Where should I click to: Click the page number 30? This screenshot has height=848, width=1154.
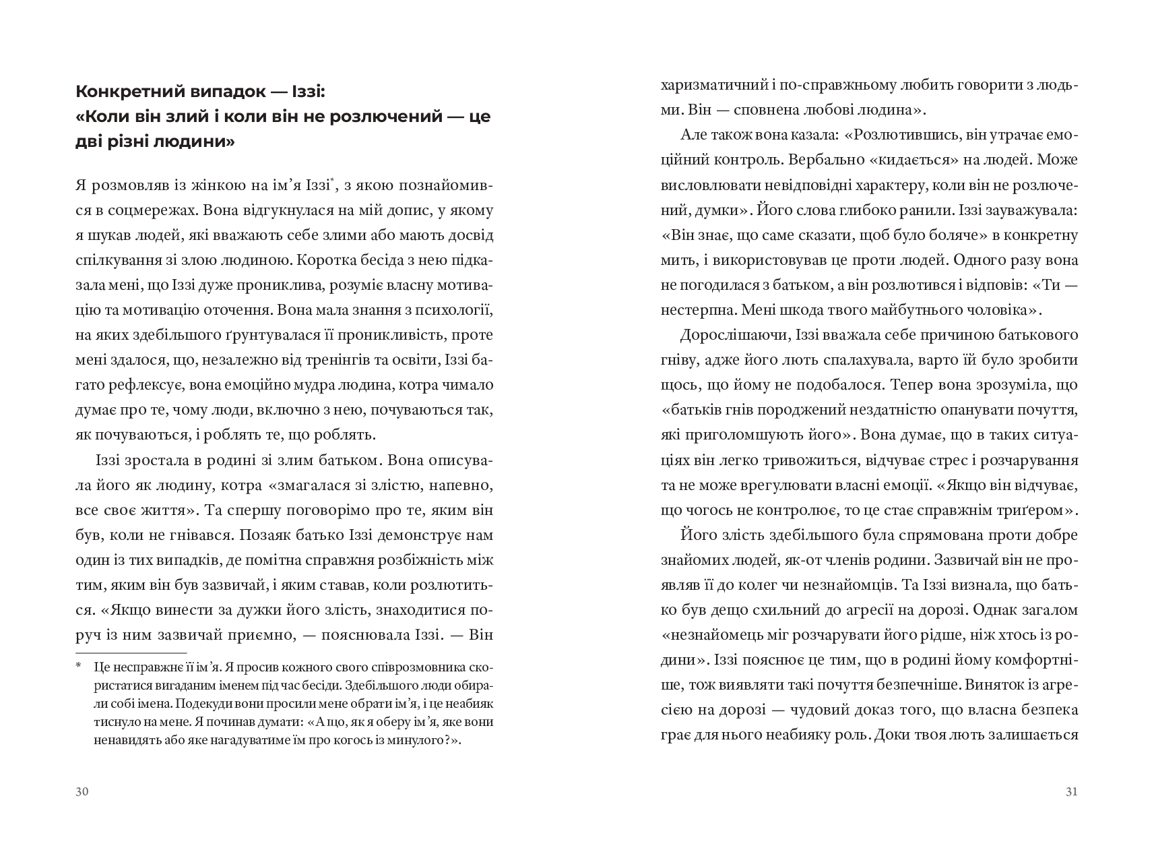coord(82,792)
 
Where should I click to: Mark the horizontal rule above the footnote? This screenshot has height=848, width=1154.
coord(131,653)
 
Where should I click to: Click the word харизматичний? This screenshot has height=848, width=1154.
coord(711,86)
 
